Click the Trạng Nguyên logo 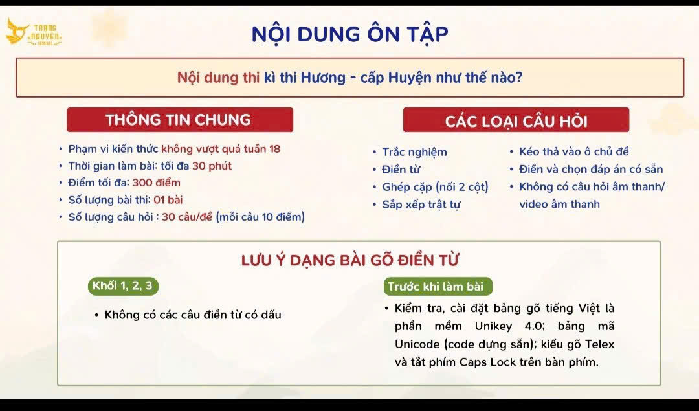pos(34,32)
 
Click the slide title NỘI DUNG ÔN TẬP pos(350,34)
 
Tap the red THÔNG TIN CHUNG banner pos(180,120)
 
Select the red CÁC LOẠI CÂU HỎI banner pos(516,120)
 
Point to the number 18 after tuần pos(274,149)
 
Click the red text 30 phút pos(212,166)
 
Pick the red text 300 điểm pos(157,183)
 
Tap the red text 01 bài pos(168,200)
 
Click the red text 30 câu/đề pos(187,217)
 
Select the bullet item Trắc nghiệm pos(415,152)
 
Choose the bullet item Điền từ pos(401,170)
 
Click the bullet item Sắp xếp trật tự pos(421,205)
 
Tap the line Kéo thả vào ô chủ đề pos(573,151)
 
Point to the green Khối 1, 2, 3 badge pos(123,285)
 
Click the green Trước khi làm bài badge pos(438,287)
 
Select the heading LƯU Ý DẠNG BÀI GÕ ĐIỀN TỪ pos(350,260)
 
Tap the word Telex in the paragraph pos(599,344)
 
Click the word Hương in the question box pos(323,78)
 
